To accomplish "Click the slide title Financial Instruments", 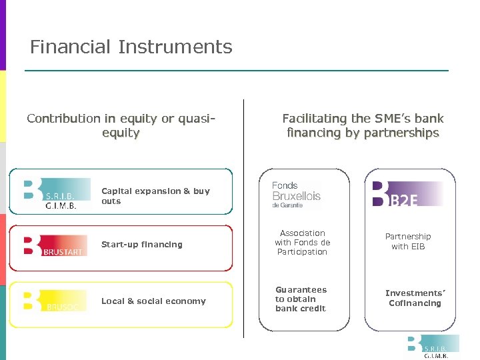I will [131, 47].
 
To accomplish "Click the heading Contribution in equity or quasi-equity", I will [121, 125].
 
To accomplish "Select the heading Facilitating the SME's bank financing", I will [363, 125].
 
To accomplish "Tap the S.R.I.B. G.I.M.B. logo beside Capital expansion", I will [57, 194].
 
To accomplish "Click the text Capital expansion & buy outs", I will [155, 196].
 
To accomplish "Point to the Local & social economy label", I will [153, 301].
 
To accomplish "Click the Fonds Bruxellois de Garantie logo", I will [296, 195].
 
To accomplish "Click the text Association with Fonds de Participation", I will [303, 243].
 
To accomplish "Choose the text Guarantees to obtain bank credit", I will [301, 299].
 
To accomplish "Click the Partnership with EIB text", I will [408, 241].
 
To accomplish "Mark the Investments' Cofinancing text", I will [415, 298].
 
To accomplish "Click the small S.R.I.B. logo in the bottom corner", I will [433, 347].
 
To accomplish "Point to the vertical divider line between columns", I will [244, 220].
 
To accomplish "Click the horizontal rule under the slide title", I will [237, 71].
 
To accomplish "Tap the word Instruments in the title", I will [175, 47].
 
